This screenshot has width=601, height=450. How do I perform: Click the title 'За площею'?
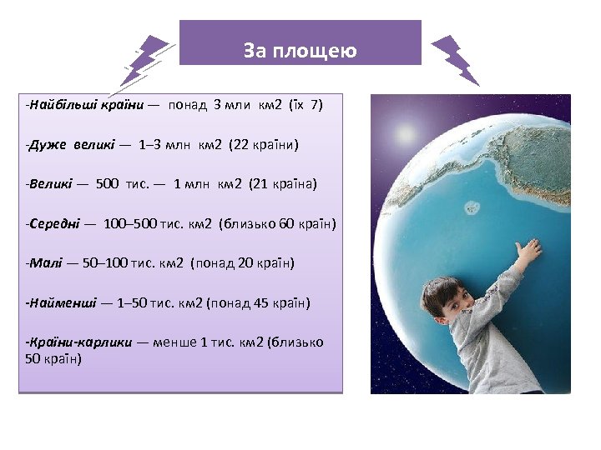tap(300, 51)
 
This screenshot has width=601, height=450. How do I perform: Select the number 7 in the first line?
tap(314, 106)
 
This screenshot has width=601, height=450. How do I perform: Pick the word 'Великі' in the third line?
tap(49, 183)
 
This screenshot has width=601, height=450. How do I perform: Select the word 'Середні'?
tap(54, 223)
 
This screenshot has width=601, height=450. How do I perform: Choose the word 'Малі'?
tap(44, 263)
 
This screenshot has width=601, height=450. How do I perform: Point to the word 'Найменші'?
tap(62, 302)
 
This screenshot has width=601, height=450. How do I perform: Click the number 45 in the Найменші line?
tap(260, 302)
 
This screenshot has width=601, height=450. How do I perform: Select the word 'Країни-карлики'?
tap(79, 342)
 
